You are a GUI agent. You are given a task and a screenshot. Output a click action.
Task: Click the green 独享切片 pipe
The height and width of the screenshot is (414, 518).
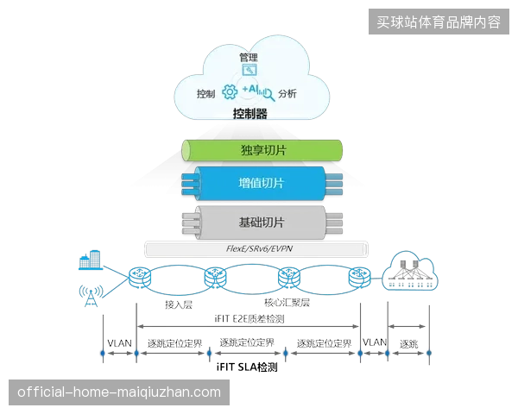pos(262,151)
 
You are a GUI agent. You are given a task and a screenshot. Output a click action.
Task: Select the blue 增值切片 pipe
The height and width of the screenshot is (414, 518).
pos(262,184)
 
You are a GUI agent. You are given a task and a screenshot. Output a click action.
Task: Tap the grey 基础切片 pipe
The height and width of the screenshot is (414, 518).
pos(262,223)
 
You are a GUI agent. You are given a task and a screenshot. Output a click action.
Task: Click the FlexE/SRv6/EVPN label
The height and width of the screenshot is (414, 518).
pos(259,248)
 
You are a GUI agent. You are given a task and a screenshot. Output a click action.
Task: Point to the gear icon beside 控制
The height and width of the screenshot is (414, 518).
pos(230,92)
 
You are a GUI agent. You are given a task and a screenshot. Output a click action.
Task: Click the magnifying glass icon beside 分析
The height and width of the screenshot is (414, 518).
pos(268,95)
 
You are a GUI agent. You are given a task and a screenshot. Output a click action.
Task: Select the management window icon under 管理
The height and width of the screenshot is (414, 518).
pos(250,70)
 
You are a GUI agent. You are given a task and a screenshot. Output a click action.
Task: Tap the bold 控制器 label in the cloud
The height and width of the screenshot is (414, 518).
pos(250,114)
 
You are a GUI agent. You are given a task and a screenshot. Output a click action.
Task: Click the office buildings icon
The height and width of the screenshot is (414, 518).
pos(90,260)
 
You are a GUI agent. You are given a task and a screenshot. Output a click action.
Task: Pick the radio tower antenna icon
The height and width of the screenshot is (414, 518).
pos(91,296)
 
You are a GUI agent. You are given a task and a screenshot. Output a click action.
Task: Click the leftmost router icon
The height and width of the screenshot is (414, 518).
pos(140,278)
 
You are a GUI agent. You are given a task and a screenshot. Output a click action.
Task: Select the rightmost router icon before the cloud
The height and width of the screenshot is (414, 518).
pos(360,278)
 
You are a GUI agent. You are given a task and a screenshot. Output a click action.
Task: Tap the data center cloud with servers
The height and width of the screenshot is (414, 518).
pos(410,271)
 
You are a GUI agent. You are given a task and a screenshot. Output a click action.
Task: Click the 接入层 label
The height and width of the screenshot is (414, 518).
pos(179,304)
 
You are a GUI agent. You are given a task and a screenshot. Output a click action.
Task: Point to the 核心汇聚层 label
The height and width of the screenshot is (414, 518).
pos(287,303)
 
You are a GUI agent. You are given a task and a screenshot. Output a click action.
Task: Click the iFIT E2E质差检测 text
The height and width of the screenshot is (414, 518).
pos(250,319)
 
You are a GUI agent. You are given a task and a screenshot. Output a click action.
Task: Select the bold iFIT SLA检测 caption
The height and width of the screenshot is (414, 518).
pos(247,367)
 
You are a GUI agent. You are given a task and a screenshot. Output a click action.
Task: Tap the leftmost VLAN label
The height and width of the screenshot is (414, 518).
pos(120,343)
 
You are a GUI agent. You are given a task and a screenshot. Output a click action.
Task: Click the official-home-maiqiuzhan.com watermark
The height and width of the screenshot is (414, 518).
pos(119,392)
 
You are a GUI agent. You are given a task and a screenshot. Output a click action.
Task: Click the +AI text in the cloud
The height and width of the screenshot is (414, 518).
pos(250,89)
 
